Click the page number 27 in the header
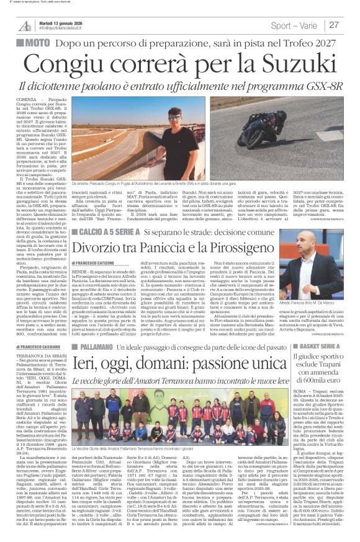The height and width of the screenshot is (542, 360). pyautogui.click(x=333, y=25)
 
